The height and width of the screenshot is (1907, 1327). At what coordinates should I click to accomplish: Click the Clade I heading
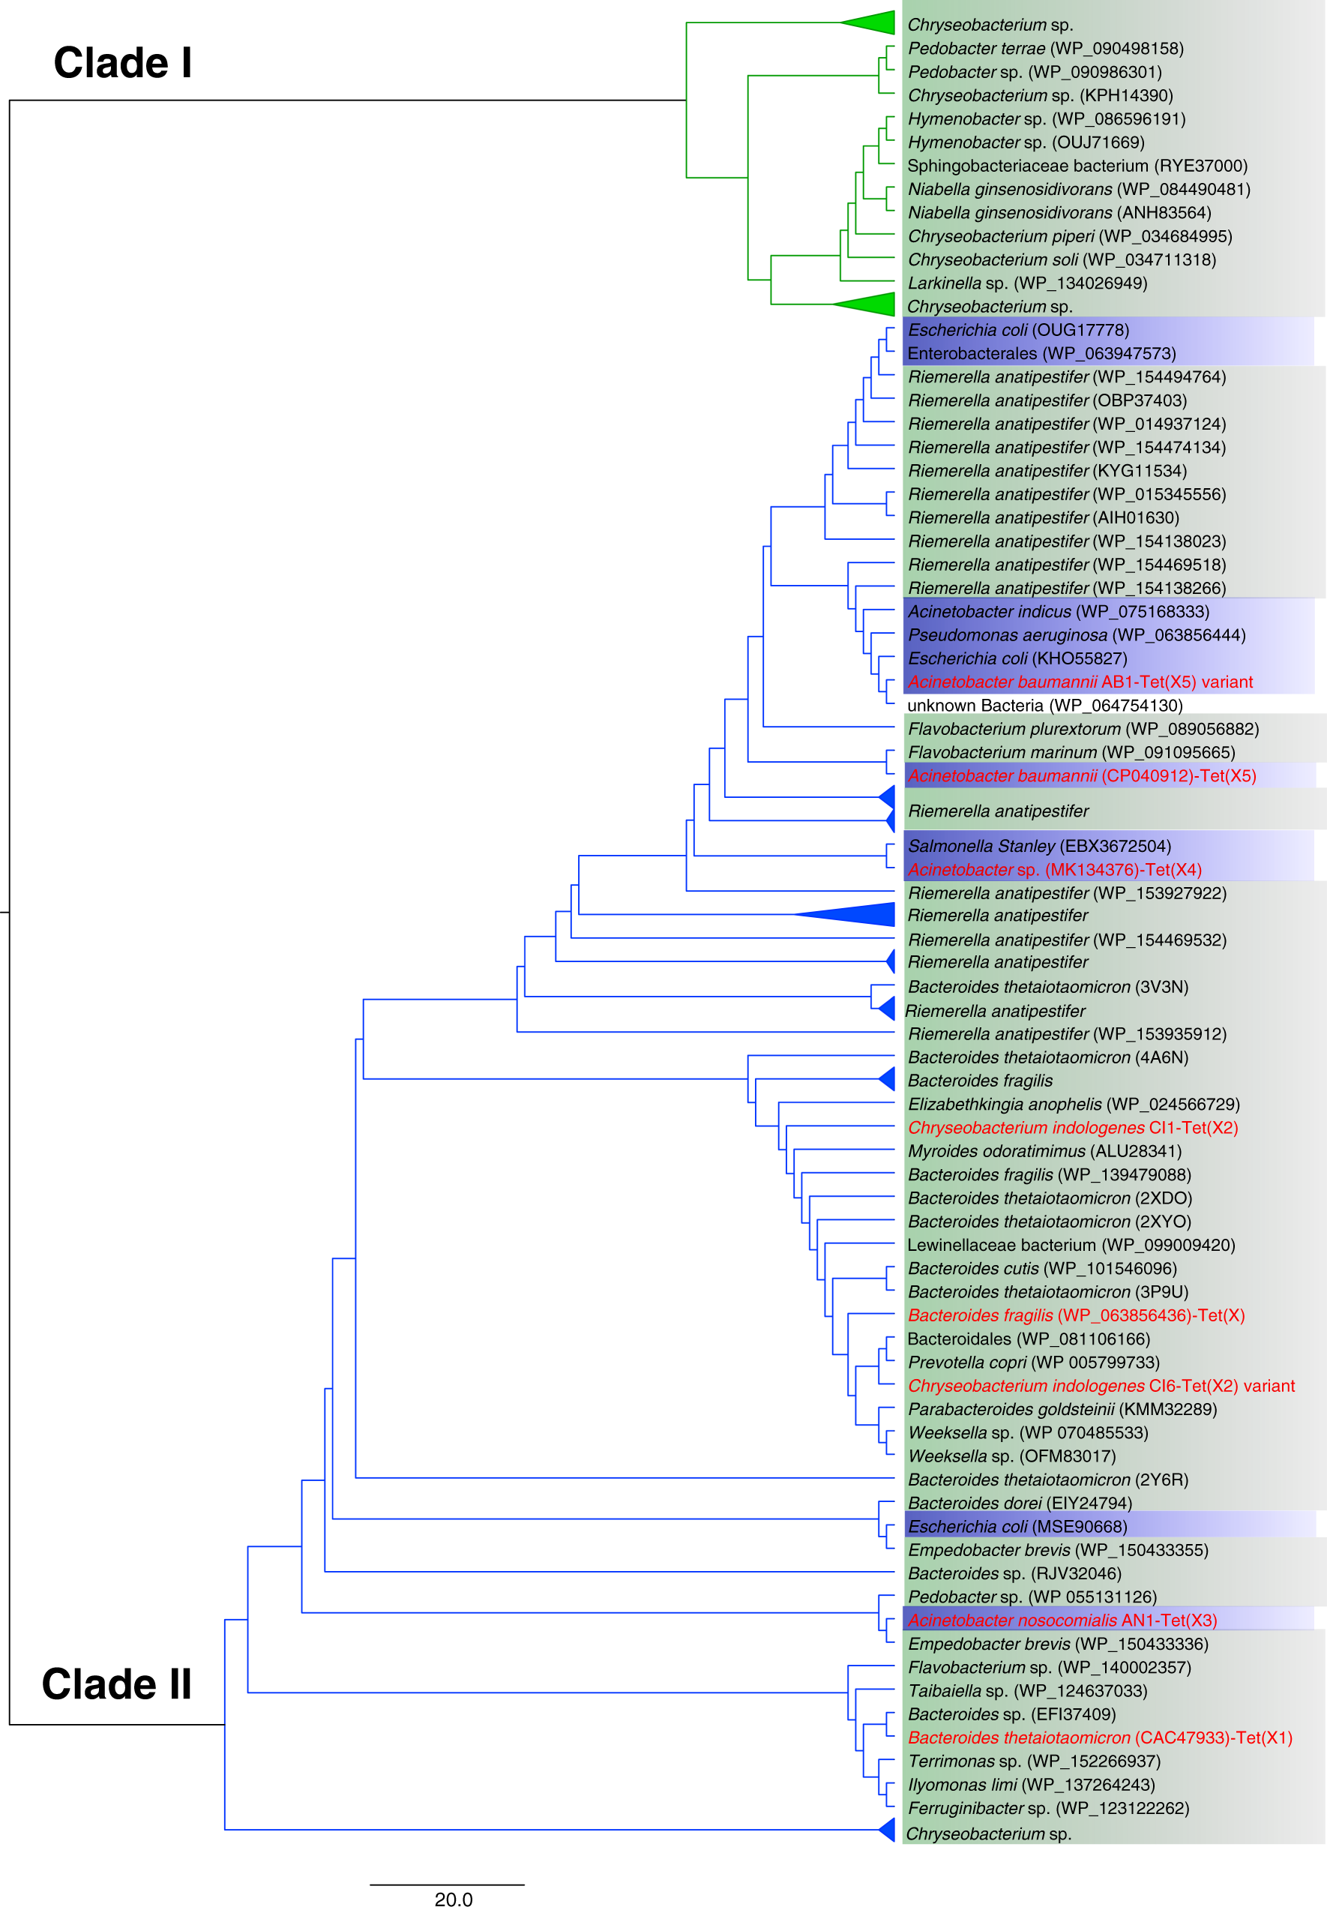click(x=123, y=63)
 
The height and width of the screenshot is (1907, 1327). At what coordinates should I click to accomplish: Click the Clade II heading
click(x=116, y=1684)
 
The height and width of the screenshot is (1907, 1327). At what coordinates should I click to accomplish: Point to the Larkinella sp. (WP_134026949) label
click(x=1027, y=283)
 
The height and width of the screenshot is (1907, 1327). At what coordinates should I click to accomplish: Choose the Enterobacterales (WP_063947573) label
click(x=1041, y=354)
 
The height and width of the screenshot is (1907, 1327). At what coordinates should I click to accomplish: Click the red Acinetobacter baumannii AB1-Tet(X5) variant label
click(x=1080, y=682)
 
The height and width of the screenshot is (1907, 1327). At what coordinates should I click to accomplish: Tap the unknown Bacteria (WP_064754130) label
click(x=1044, y=705)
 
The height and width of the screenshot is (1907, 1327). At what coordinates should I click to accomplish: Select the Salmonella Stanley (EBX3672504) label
click(x=1039, y=847)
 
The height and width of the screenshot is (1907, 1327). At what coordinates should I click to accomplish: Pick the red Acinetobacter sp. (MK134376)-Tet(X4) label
click(x=1055, y=870)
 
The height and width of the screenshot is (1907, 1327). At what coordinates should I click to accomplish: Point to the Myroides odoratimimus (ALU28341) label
click(x=1044, y=1151)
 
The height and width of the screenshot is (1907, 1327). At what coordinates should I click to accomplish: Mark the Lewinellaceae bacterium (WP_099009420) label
click(x=1071, y=1245)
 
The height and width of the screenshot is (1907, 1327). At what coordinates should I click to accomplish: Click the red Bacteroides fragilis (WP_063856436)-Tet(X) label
click(x=1076, y=1315)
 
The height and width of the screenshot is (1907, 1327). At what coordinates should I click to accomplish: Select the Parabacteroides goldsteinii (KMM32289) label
click(x=1062, y=1410)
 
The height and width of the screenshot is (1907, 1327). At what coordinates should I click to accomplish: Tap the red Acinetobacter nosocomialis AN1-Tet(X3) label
click(x=1062, y=1621)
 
